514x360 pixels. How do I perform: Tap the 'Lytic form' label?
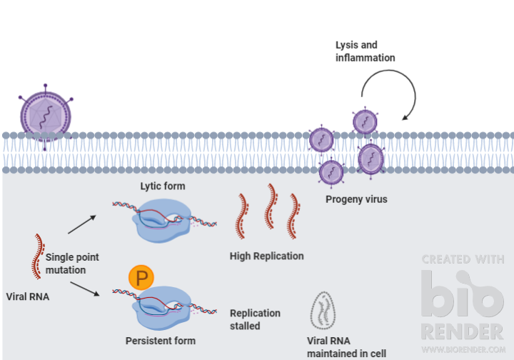pos(162,186)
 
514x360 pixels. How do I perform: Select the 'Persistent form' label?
pos(161,340)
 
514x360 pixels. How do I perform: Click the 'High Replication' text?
pos(266,256)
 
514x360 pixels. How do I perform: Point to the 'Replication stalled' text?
pos(255,319)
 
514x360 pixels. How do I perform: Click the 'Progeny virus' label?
pos(356,199)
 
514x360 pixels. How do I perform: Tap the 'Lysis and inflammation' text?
pos(365,51)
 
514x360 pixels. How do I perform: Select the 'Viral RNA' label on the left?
pos(28,296)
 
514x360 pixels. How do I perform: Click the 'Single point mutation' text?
pos(72,263)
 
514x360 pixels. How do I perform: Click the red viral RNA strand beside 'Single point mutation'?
pos(36,256)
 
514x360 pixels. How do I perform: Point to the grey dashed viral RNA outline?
pos(324,309)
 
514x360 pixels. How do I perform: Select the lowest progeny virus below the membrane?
pos(331,172)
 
